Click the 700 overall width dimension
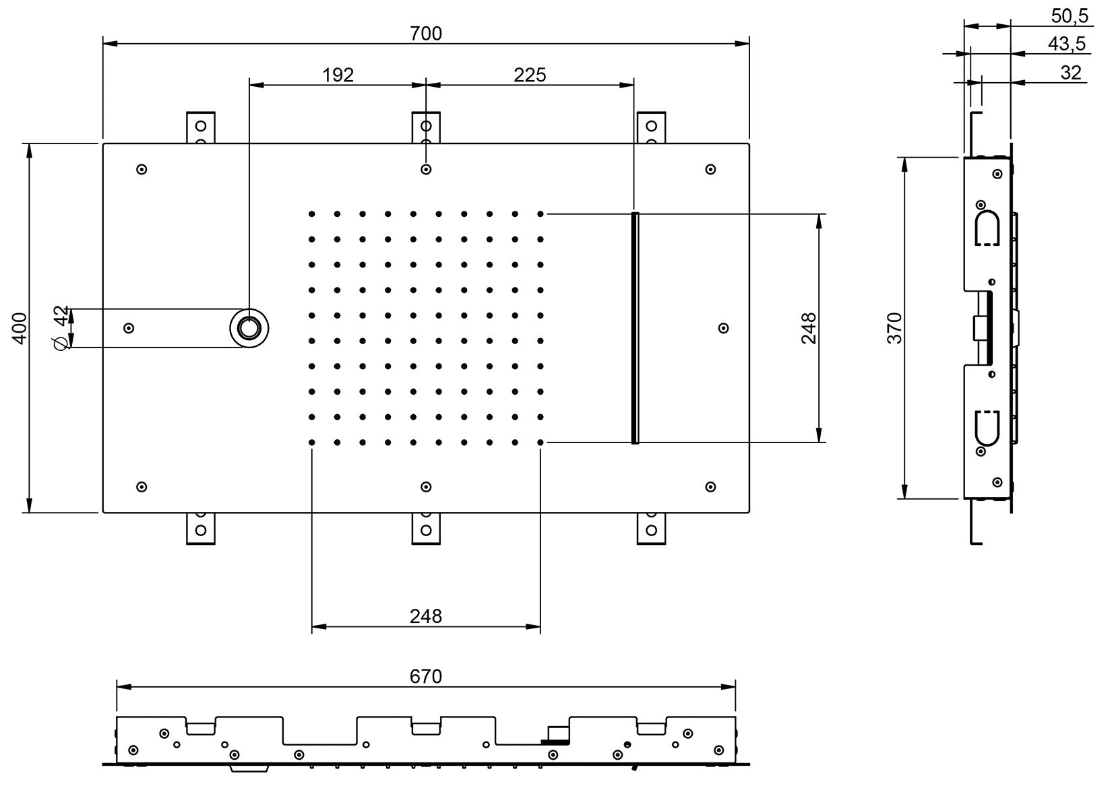(x=426, y=33)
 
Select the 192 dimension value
(x=338, y=75)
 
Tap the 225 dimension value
(x=530, y=75)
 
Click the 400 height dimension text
(x=20, y=328)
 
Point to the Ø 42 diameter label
(x=61, y=328)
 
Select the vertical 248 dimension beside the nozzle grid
(x=809, y=328)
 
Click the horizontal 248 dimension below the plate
(x=426, y=616)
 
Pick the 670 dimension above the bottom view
(x=426, y=676)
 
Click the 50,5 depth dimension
(x=1070, y=15)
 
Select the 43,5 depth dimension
(x=1067, y=44)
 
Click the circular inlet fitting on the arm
(x=249, y=328)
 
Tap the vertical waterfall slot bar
(x=634, y=328)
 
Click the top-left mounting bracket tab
(x=200, y=127)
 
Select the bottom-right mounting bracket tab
(x=651, y=528)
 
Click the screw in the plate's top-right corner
(x=710, y=170)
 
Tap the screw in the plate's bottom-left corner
(x=142, y=487)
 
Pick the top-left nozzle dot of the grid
(x=311, y=214)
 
